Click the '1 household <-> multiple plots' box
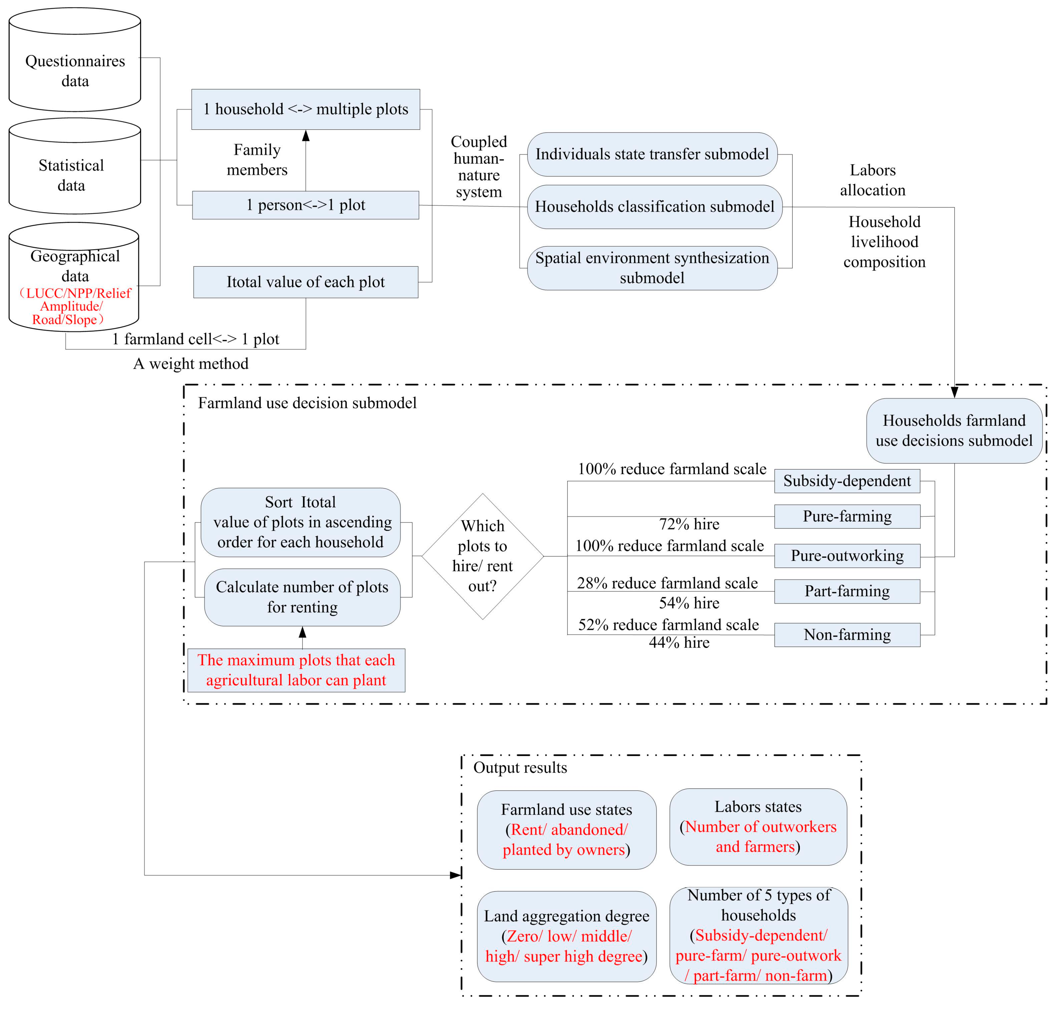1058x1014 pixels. click(x=305, y=109)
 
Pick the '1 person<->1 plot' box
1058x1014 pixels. click(x=305, y=205)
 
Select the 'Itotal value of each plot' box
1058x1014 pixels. click(x=305, y=282)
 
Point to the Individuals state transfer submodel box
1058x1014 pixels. click(x=652, y=154)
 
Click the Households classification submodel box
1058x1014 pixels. click(x=654, y=207)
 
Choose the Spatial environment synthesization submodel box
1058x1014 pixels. click(x=652, y=268)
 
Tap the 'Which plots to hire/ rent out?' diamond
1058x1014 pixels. click(x=483, y=556)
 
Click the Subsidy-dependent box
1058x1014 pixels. click(x=847, y=481)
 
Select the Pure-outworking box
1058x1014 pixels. click(x=847, y=556)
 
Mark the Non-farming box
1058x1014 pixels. click(x=847, y=635)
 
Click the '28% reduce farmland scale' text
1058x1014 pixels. click(x=667, y=583)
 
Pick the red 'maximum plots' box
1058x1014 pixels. click(x=296, y=670)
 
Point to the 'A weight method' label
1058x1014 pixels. click(x=190, y=364)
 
